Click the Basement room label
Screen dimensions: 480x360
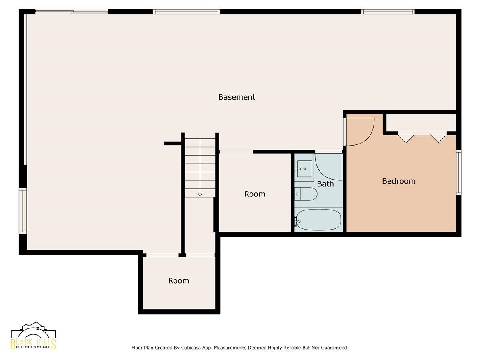[237, 97]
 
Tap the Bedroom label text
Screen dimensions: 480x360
[399, 181]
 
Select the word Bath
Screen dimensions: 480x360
[325, 184]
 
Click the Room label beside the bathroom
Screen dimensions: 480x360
[255, 194]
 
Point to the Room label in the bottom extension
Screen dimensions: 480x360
[179, 281]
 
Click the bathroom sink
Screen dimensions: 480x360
[304, 168]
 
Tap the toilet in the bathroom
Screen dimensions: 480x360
[306, 194]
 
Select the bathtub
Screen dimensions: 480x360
[318, 220]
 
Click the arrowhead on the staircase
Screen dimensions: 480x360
[200, 195]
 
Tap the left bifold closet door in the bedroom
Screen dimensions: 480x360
[406, 138]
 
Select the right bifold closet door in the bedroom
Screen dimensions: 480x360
[438, 138]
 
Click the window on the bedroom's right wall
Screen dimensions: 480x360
[458, 172]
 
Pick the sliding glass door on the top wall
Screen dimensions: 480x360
[72, 12]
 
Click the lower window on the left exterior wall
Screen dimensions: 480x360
[23, 211]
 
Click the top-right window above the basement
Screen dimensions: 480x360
[388, 12]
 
